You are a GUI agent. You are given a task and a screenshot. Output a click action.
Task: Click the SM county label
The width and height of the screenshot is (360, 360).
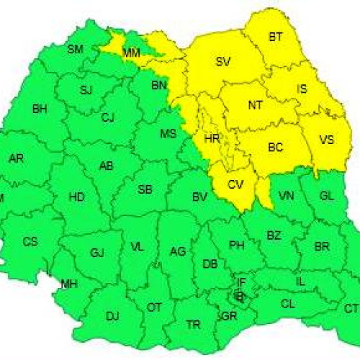coord(75,50)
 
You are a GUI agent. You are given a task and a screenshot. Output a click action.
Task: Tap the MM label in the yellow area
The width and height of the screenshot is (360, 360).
coord(132,53)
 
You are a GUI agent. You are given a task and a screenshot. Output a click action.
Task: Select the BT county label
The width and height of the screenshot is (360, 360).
coord(276,37)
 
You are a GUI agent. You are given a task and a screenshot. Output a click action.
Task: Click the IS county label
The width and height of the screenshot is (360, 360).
coord(302,89)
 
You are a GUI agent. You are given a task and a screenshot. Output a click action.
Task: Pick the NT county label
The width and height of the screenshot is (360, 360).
coord(255,105)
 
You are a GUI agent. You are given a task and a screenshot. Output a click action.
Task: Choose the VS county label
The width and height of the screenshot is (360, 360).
coord(325,140)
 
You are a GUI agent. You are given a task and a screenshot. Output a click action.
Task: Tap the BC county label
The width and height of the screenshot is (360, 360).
coord(275,148)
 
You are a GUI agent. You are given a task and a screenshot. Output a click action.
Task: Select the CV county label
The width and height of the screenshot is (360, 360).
coord(235,184)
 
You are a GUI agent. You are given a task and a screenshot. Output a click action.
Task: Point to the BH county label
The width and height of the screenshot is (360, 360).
coord(40,109)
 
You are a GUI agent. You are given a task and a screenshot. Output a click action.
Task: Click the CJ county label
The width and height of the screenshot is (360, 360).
coord(108,117)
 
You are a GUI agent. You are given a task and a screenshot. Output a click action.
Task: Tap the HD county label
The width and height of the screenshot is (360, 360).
coord(76,197)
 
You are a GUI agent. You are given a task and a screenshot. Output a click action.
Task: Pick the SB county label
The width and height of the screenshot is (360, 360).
coord(145,190)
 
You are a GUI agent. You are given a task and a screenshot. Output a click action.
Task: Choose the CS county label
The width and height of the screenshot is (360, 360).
coord(30,241)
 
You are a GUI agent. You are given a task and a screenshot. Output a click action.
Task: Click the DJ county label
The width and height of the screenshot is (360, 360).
coord(112,315)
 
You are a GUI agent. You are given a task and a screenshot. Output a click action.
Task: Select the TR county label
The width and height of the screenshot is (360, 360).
coord(193,325)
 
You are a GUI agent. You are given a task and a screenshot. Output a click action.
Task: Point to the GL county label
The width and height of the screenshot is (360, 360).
coord(326,196)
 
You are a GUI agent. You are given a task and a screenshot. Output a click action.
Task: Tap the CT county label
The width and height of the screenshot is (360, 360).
coord(351,308)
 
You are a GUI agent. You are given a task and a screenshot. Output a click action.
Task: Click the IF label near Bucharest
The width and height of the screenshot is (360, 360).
coord(241,282)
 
